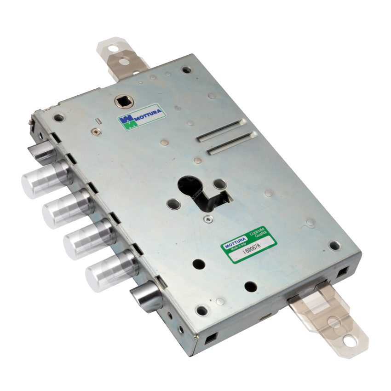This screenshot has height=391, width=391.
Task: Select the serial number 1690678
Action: click(252, 253)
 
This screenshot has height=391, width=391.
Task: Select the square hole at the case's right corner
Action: click(342, 273)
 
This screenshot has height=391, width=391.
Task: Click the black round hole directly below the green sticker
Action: click(251, 287)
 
